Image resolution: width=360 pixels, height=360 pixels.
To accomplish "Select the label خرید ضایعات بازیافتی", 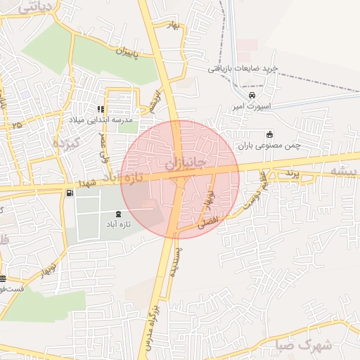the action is [x=244, y=68].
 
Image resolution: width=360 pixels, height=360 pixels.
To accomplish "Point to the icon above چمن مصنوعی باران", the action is [x=269, y=135].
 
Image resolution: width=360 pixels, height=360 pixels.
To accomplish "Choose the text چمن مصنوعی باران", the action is [x=269, y=146].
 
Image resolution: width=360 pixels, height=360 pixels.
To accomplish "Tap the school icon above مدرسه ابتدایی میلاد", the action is [x=101, y=109].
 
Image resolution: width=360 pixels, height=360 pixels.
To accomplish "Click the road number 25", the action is [x=15, y=124].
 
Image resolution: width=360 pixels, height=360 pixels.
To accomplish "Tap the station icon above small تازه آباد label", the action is [x=117, y=214].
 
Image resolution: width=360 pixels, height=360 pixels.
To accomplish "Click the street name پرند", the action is [x=292, y=173].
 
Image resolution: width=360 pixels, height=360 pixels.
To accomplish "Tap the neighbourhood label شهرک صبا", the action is [x=298, y=345].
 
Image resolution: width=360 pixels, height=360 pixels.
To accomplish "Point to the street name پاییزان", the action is [x=124, y=53].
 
